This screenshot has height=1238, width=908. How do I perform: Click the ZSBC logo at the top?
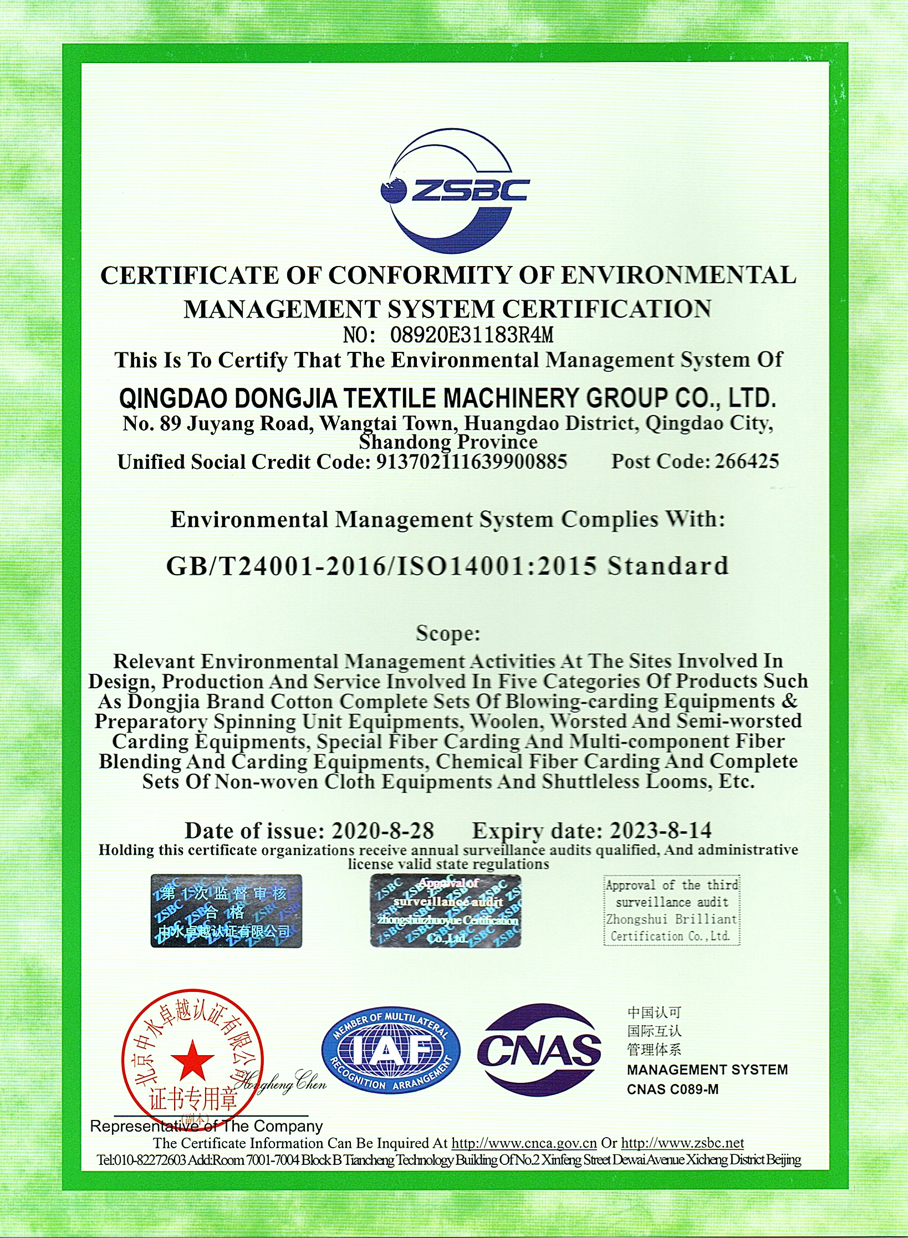(x=455, y=191)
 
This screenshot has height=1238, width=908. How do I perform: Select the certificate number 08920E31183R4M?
(x=472, y=335)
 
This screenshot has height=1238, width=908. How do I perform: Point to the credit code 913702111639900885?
(x=472, y=462)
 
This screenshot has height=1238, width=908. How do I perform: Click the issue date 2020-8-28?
(x=382, y=830)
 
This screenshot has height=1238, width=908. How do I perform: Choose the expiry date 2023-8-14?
(x=661, y=830)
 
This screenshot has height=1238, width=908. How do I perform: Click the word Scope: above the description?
(x=448, y=633)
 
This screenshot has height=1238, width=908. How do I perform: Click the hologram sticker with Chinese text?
(x=226, y=910)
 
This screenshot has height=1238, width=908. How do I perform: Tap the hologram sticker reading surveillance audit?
(x=446, y=910)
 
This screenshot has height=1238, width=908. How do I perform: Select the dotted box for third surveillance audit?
(x=672, y=910)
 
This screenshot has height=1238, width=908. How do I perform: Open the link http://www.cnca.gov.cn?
(x=524, y=1143)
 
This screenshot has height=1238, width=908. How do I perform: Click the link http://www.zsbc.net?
(x=682, y=1143)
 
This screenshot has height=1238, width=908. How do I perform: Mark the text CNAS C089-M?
(x=672, y=1089)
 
